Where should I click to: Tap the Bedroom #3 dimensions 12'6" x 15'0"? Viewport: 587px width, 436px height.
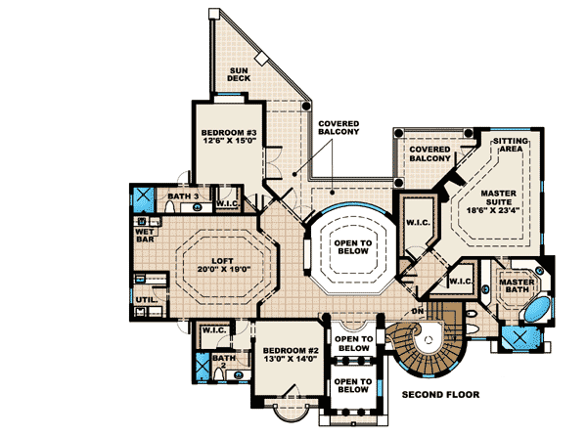228,141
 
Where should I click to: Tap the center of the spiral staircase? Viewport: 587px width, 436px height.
430,347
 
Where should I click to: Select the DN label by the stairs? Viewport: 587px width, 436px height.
418,311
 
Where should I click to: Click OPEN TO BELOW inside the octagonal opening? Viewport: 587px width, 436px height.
349,248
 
